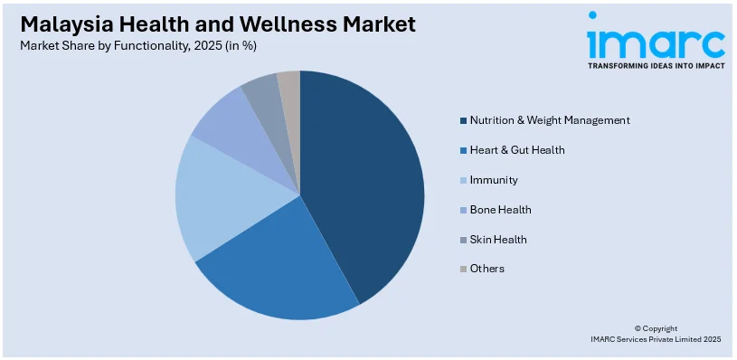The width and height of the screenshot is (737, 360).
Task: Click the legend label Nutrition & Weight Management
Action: [x=550, y=120]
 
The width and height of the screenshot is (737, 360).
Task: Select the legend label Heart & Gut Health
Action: [x=517, y=150]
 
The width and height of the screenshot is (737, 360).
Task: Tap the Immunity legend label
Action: [x=494, y=180]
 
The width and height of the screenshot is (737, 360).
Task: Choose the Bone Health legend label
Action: [x=500, y=210]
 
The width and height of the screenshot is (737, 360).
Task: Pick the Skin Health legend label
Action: [x=498, y=240]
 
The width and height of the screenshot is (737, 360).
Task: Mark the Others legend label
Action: [x=487, y=269]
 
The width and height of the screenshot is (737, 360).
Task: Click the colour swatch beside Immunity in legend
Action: [x=464, y=180]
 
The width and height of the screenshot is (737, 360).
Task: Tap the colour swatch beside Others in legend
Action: [x=464, y=269]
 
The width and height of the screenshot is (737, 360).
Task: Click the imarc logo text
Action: [x=656, y=41]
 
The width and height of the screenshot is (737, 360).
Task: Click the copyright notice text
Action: [x=656, y=334]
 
